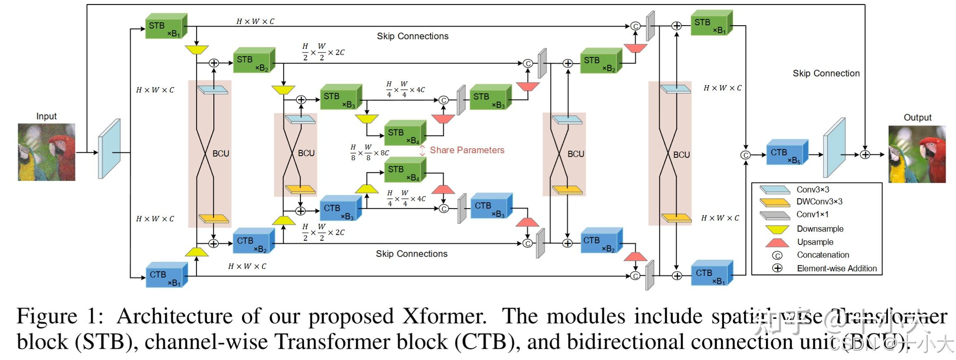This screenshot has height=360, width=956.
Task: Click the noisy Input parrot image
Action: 46,152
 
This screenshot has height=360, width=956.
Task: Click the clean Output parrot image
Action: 917,154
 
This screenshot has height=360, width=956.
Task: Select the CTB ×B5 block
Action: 786,153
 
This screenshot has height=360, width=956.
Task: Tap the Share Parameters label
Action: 467,150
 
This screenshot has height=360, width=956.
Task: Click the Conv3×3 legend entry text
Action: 812,189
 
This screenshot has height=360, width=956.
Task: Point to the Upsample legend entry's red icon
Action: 777,242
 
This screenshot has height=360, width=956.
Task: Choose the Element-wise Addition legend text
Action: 837,268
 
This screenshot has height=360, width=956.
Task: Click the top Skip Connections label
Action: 412,36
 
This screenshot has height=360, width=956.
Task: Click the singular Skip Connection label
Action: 826,73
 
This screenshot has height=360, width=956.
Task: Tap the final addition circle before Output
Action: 865,155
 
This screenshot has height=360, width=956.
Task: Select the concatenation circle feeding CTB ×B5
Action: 745,155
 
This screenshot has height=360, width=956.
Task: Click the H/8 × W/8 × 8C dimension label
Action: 369,152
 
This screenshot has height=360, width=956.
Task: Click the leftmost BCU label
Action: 220,154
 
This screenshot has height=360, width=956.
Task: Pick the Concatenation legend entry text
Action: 823,255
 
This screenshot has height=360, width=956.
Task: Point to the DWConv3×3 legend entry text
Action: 819,202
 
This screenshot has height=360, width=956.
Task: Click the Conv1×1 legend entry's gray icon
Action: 774,216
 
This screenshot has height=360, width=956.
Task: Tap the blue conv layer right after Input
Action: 109,149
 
